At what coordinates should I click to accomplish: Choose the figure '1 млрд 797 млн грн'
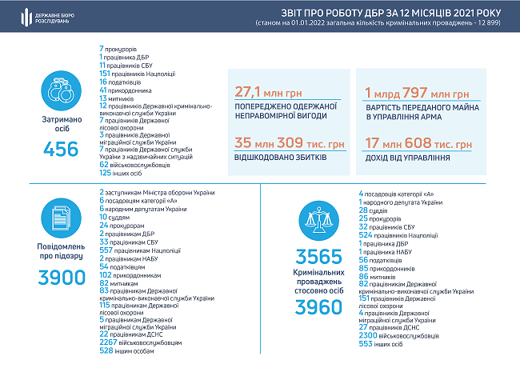416,92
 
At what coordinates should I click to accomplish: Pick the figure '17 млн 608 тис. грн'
418,144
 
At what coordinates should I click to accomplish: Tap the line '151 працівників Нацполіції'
138,74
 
